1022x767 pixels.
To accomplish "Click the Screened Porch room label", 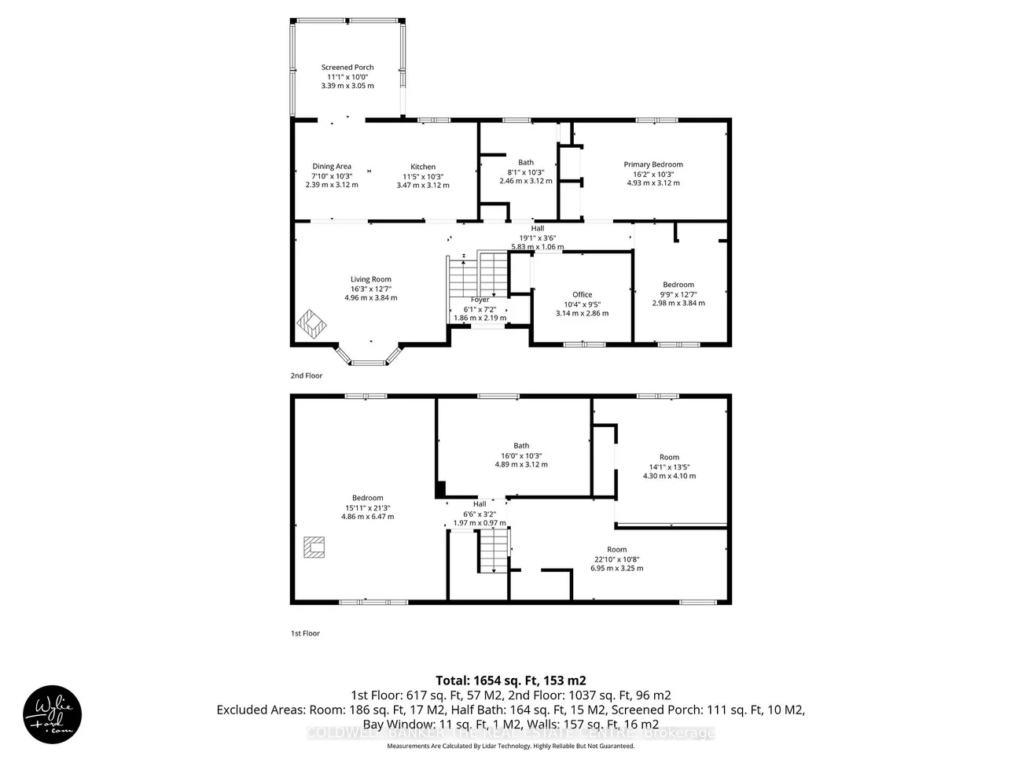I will [x=347, y=68].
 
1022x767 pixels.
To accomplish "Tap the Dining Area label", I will [x=332, y=167].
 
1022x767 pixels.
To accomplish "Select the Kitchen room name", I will [x=423, y=167].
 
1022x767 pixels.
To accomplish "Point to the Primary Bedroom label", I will [x=653, y=164].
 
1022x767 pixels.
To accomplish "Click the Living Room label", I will [x=371, y=279].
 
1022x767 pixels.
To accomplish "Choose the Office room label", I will [x=582, y=295].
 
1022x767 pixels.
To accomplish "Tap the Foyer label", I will [x=480, y=300].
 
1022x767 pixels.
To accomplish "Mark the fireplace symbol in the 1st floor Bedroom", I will [x=314, y=547].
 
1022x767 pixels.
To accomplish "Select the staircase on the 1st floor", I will [x=493, y=551].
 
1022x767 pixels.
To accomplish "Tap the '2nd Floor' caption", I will [x=307, y=376].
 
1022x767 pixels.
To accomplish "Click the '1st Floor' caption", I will [x=306, y=633].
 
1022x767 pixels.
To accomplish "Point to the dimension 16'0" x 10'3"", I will [x=521, y=455].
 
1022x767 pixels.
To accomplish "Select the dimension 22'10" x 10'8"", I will [x=617, y=559].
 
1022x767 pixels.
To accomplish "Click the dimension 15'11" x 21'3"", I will [x=367, y=507].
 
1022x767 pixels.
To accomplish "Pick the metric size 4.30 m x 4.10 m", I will [x=669, y=476].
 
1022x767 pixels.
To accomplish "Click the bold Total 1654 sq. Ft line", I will [x=511, y=680].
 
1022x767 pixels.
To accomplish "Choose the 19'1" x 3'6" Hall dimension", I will [x=537, y=238].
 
